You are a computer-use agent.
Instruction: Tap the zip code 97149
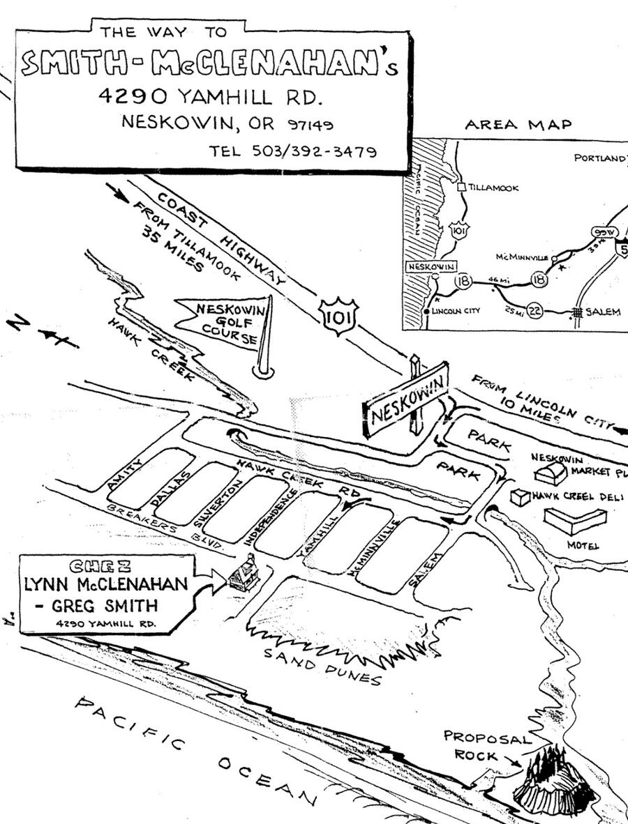(311, 125)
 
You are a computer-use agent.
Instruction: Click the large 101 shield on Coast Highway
(338, 315)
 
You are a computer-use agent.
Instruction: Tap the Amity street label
(126, 474)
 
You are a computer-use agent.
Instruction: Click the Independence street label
(269, 516)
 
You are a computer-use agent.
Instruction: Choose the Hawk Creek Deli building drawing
(520, 497)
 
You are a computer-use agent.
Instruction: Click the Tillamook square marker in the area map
(461, 187)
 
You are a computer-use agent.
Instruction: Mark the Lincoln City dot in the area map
(427, 311)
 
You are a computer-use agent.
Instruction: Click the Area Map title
(518, 125)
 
